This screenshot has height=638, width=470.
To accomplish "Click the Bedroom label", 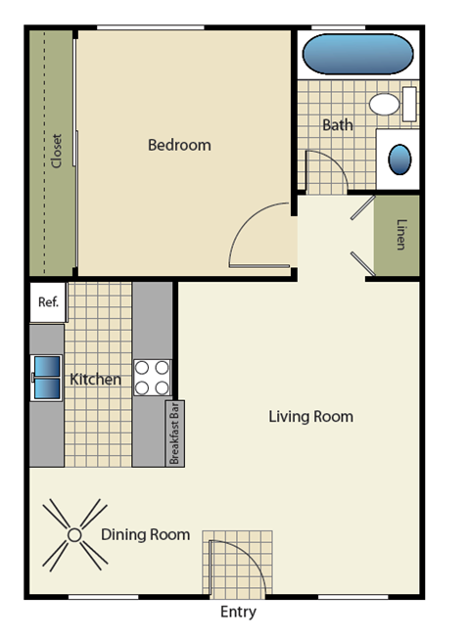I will click(179, 145).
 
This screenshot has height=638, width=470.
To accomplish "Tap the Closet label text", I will click(56, 151).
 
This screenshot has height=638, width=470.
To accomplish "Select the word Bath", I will click(338, 125).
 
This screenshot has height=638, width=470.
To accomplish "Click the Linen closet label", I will click(399, 235).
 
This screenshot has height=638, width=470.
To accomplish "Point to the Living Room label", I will click(310, 417).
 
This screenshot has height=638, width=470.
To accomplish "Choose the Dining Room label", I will click(145, 534).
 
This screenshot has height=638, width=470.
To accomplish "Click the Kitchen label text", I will click(95, 380).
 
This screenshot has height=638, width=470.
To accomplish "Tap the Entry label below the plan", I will click(238, 613).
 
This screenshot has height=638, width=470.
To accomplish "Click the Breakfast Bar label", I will click(174, 433).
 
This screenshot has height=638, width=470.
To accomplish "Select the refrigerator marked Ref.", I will click(48, 302).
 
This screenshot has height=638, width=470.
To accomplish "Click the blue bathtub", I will click(356, 55).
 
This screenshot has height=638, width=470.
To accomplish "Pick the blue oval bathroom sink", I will click(400, 159).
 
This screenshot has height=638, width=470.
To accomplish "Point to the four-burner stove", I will click(152, 378).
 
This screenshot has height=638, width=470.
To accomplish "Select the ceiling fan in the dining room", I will click(74, 534).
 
